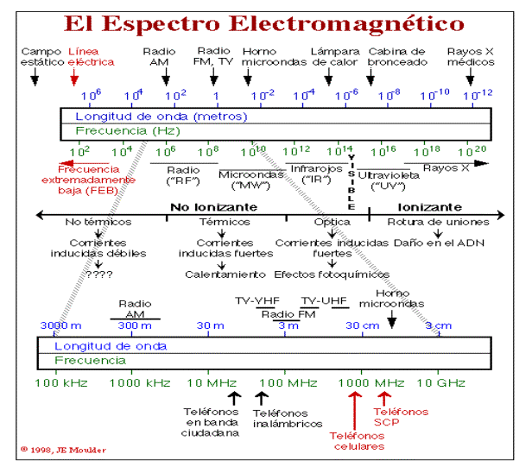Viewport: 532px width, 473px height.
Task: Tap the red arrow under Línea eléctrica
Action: click(75, 80)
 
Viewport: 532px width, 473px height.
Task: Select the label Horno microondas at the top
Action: click(268, 57)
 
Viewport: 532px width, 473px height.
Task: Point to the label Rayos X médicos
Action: click(471, 57)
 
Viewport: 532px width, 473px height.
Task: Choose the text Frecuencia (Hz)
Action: click(128, 131)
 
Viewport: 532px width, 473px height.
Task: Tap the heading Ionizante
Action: click(428, 208)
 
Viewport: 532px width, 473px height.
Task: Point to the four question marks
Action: click(100, 274)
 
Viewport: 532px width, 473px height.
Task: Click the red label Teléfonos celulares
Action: click(357, 442)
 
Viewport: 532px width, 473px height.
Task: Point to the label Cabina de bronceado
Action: click(397, 57)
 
